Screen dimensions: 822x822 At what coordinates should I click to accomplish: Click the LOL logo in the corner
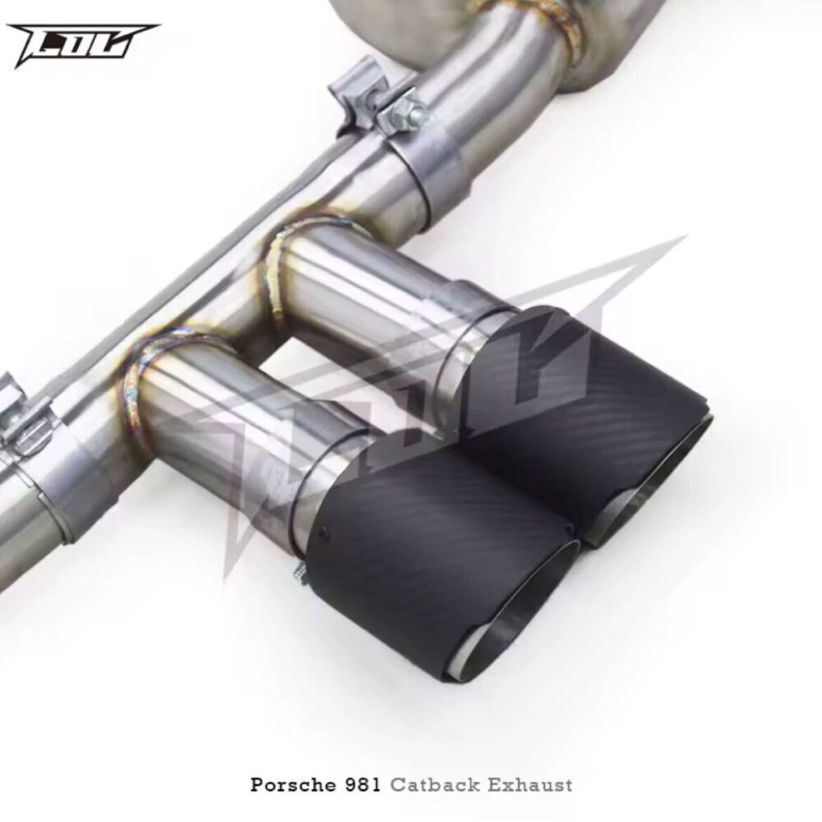[83, 45]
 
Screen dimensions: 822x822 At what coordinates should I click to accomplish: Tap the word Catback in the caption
[435, 785]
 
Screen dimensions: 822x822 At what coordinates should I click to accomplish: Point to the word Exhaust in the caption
[529, 785]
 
